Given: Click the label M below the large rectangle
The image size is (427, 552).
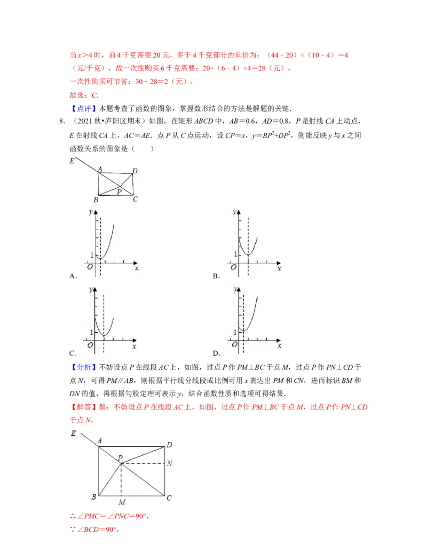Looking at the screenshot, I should (122, 502).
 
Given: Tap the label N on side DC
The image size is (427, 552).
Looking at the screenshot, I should (169, 463).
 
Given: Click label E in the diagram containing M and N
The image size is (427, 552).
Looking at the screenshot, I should (73, 434).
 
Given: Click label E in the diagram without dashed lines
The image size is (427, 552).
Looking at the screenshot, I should (72, 160).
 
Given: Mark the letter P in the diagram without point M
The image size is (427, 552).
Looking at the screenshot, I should (118, 191).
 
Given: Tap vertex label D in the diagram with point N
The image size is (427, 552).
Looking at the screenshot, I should (169, 444).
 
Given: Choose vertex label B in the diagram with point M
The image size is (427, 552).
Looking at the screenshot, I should (94, 497).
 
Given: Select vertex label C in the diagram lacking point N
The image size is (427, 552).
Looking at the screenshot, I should (136, 200).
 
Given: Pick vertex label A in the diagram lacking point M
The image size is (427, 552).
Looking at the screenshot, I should (99, 170).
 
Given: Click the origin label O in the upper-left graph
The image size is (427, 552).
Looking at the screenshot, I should (90, 268).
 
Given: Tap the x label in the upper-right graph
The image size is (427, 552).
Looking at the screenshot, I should (279, 268).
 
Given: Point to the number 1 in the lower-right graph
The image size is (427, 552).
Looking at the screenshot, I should (235, 332).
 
